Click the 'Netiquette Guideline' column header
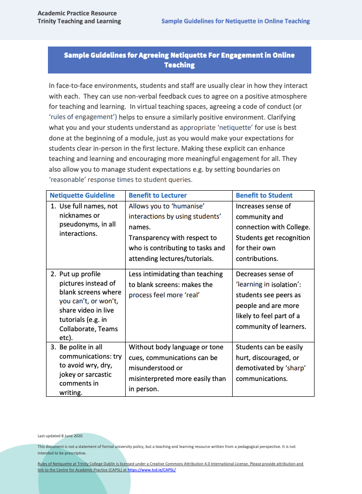pyautogui.click(x=82, y=195)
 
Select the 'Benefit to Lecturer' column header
pyautogui.click(x=157, y=195)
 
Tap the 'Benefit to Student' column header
pyautogui.click(x=264, y=195)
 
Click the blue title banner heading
pyautogui.click(x=179, y=60)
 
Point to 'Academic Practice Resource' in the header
pyautogui.click(x=77, y=13)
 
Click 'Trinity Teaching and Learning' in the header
pyautogui.click(x=79, y=21)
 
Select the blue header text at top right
pyautogui.click(x=235, y=21)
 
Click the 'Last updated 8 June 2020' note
pyautogui.click(x=60, y=436)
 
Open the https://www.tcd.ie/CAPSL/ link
pyautogui.click(x=151, y=470)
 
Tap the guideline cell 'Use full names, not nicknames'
pyautogui.click(x=85, y=220)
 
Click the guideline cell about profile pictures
pyautogui.click(x=86, y=306)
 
